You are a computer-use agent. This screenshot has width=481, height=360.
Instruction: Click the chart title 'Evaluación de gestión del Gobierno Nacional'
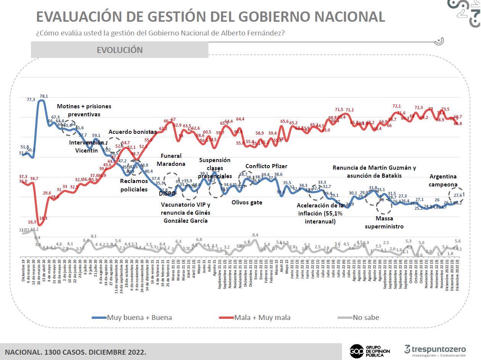[210, 16]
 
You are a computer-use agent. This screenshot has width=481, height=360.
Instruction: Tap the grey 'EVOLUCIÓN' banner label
[119, 50]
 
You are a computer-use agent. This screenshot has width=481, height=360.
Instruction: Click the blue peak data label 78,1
[44, 96]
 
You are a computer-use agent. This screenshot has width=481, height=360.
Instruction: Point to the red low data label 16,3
[32, 222]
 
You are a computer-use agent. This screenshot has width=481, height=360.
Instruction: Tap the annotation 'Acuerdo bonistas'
[132, 132]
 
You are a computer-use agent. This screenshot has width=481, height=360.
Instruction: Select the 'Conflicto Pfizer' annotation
[266, 166]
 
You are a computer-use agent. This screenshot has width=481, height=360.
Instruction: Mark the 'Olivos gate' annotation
[247, 202]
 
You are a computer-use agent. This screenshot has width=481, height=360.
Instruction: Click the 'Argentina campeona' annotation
[443, 180]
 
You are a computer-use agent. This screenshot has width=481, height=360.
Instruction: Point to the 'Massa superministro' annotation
[384, 222]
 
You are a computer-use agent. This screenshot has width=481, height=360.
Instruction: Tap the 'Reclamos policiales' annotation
[134, 185]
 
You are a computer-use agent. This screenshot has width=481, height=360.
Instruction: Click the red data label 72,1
[397, 106]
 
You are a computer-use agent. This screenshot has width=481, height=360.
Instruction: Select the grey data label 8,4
[256, 235]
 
